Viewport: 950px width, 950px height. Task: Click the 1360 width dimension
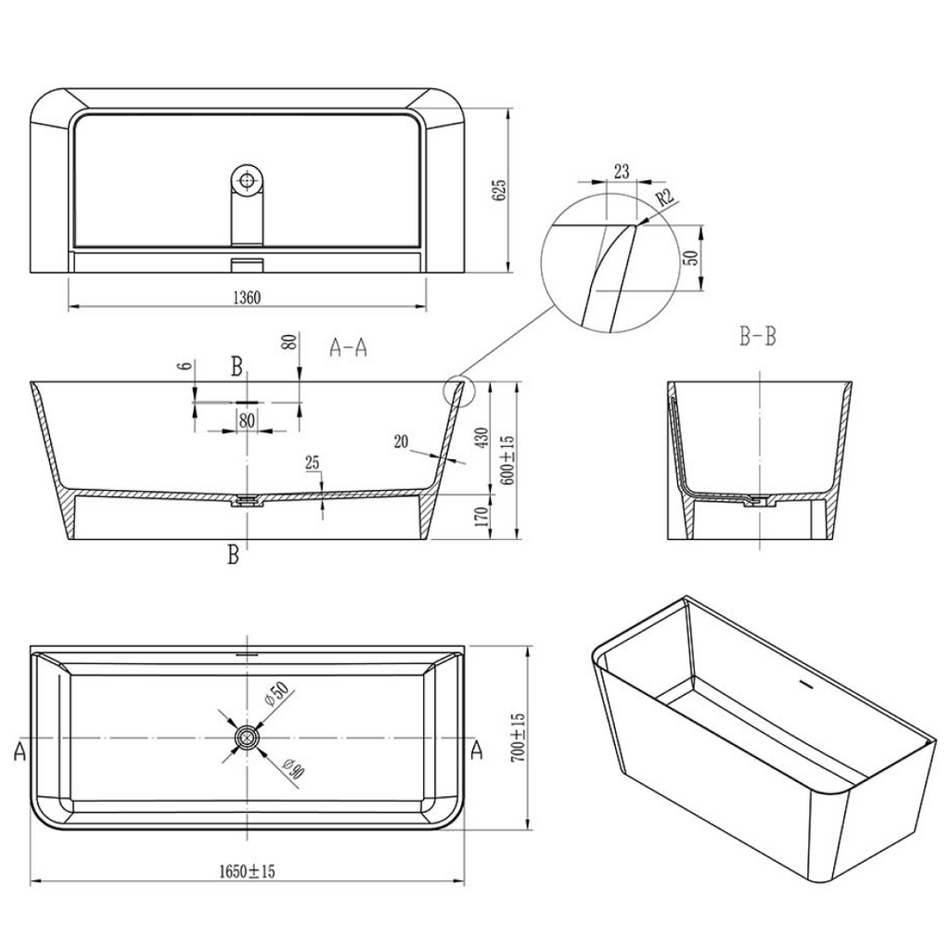(245, 298)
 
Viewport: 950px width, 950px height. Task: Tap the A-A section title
(349, 348)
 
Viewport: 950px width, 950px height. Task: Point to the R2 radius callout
(663, 198)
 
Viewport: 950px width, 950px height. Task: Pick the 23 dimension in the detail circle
(621, 171)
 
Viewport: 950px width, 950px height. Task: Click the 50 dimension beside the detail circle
(689, 257)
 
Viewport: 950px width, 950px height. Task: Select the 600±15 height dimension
(507, 456)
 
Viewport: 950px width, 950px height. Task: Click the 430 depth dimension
(481, 438)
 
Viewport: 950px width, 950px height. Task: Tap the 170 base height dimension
(481, 515)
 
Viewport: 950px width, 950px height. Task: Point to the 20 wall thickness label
(402, 443)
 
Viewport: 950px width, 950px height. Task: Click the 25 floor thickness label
(312, 462)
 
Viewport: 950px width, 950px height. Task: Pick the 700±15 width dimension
(519, 738)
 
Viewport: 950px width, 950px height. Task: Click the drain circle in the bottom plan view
(247, 738)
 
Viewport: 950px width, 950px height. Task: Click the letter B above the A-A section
(237, 367)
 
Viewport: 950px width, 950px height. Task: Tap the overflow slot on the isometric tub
(804, 687)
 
